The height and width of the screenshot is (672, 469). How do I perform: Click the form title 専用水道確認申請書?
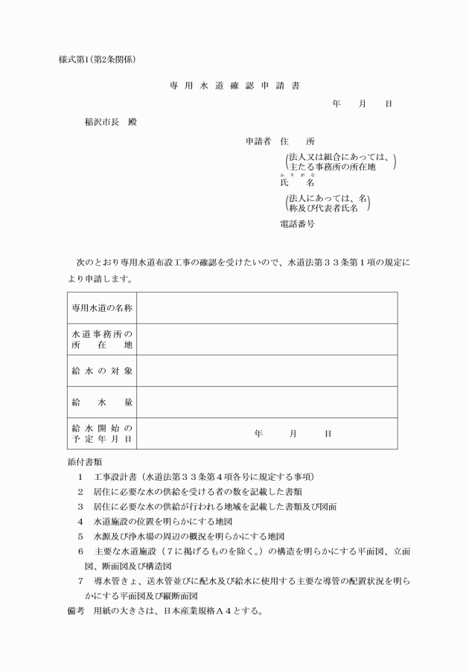pyautogui.click(x=234, y=86)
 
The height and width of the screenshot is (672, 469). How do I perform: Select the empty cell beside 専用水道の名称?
pyautogui.click(x=267, y=308)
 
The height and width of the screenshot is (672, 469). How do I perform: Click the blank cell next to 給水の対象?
pyautogui.click(x=267, y=371)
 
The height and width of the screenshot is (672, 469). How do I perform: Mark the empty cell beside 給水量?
pyautogui.click(x=267, y=402)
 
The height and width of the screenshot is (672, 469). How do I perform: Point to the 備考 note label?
pyautogui.click(x=77, y=612)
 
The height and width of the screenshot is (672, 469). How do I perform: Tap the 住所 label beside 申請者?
pyautogui.click(x=297, y=141)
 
